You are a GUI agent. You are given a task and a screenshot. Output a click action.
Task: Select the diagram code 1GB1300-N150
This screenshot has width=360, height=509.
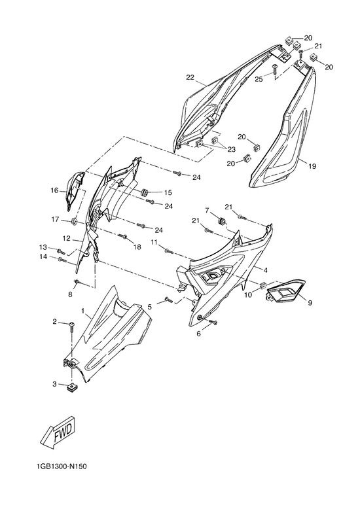pos(62,466)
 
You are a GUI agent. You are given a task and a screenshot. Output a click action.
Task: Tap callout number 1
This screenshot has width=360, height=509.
pos(82,311)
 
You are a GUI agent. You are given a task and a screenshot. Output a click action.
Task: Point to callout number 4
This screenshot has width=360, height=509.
pos(266,270)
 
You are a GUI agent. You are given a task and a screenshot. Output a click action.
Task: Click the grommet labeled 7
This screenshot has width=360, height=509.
pos(222,220)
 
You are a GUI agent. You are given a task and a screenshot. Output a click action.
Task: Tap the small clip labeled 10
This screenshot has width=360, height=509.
pos(263,285)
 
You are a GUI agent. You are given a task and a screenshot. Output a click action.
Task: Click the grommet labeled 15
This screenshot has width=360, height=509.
pos(145,192)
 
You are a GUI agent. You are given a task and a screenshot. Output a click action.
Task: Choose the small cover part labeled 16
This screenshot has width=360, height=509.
pos(75,190)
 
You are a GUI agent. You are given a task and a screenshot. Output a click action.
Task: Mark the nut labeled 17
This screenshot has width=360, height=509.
pos(74,222)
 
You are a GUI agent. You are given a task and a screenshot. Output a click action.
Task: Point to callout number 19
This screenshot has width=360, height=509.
pos(312,166)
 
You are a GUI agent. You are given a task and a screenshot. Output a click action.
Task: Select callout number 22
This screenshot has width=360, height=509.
pos(190,77)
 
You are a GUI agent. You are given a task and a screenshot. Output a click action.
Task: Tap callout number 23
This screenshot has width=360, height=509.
pos(231,149)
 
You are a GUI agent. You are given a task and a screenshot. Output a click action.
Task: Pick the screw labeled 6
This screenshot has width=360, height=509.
pos(213,322)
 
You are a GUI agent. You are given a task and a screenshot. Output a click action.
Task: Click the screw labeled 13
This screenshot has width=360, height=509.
pos(61,251)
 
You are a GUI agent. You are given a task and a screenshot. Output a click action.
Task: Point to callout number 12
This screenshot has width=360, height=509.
pos(66,239)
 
